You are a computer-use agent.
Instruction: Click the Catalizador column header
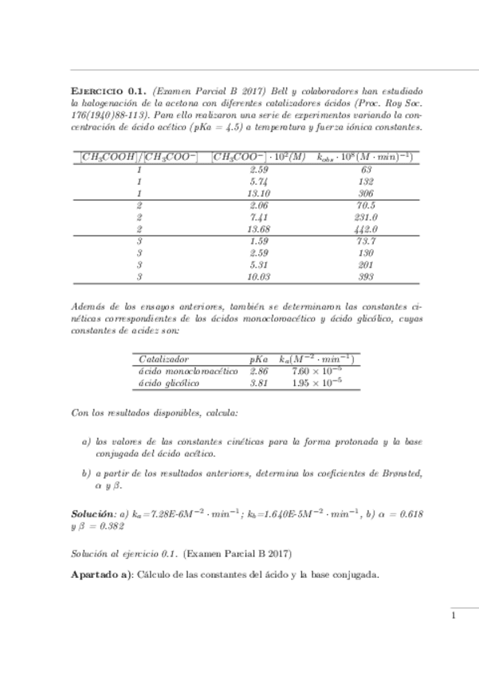click(163, 359)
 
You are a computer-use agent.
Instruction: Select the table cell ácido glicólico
click(169, 383)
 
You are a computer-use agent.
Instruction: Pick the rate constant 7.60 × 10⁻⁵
click(316, 371)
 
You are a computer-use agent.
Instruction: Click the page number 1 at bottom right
click(453, 615)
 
